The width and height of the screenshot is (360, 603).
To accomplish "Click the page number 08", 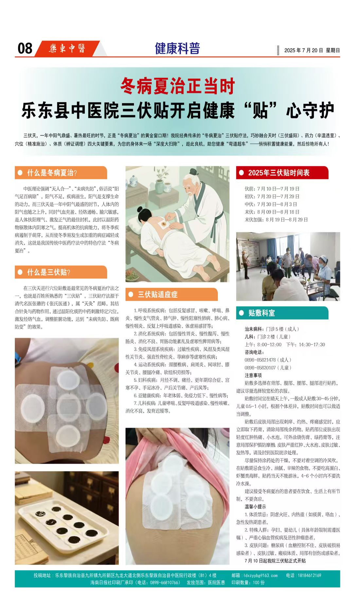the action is point(25,48).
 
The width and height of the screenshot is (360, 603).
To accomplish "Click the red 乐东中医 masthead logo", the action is point(67,48).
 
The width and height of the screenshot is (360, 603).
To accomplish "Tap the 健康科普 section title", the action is point(177,48).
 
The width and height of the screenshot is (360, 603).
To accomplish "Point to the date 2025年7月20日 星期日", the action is point(312,50).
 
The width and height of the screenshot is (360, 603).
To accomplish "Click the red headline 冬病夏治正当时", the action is point(178,86).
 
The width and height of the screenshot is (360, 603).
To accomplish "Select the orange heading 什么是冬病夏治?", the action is point(52,173).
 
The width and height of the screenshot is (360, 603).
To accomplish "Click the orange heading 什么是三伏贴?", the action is point(49,272).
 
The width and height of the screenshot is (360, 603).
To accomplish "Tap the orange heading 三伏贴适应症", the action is point(158,294).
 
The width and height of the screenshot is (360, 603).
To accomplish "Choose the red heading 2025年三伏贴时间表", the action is point(279,173).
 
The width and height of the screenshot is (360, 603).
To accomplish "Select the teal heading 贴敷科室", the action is point(261,313).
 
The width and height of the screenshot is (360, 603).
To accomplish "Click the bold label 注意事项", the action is point(253,375).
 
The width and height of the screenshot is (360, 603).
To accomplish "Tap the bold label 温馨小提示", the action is point(255,507).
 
